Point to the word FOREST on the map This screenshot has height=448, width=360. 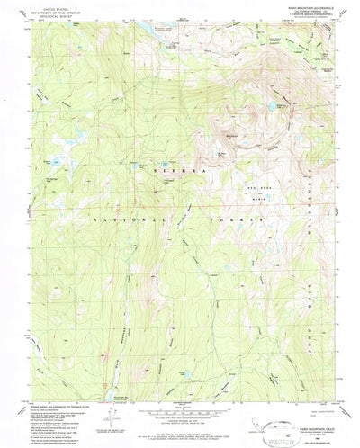243,219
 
